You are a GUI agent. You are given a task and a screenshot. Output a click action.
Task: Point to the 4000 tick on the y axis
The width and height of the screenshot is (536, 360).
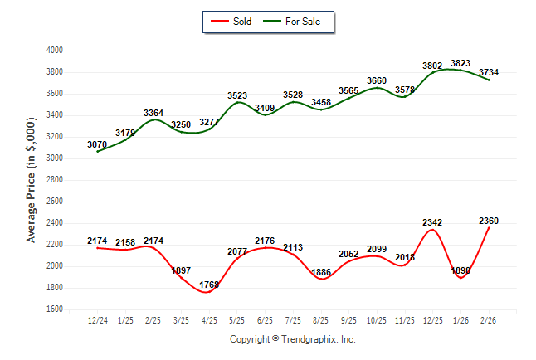click(x=54, y=51)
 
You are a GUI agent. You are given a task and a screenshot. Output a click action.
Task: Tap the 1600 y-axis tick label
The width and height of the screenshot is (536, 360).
click(x=54, y=309)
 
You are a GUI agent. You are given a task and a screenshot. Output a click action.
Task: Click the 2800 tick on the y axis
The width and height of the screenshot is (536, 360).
click(x=54, y=180)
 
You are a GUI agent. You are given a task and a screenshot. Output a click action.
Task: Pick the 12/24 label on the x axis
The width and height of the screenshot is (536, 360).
click(x=97, y=320)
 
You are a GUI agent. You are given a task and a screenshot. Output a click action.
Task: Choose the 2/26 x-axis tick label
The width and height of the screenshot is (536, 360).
click(x=489, y=320)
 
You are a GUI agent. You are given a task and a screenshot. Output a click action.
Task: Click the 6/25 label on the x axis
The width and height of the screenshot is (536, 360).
click(x=265, y=320)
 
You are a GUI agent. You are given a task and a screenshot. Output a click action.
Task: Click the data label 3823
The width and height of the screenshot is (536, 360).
click(x=460, y=63)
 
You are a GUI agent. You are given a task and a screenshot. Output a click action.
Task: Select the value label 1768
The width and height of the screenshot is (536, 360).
click(x=209, y=285)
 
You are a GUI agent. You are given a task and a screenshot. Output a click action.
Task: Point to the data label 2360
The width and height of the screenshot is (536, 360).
click(x=489, y=221)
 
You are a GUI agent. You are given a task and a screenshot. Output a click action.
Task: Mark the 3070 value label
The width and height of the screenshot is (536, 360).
click(x=97, y=144)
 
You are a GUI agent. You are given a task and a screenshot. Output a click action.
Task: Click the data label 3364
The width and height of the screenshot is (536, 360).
click(x=153, y=113)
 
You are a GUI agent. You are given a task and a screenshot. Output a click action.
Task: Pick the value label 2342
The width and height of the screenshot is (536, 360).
click(x=433, y=222)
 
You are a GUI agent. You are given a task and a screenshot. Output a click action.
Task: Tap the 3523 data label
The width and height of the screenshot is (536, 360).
click(x=237, y=96)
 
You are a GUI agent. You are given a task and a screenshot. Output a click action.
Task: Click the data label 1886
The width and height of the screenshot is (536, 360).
click(x=321, y=272)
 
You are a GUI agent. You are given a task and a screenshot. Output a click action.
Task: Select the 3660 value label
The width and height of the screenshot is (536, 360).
click(x=377, y=80)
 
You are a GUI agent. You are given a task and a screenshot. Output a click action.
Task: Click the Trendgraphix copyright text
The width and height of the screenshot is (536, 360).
click(x=291, y=339)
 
